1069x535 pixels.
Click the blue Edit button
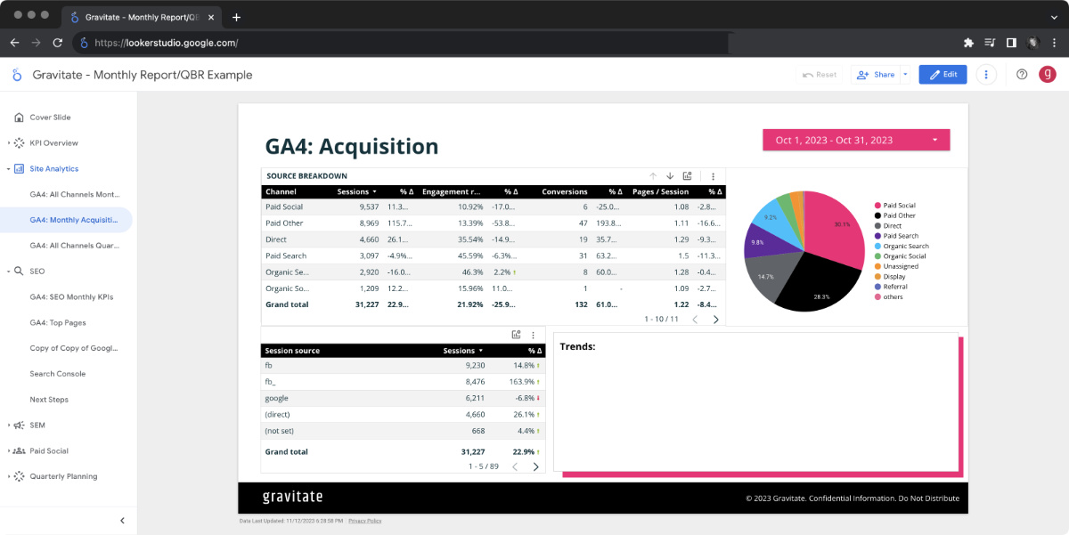click(x=943, y=75)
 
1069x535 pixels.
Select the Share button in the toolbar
click(x=876, y=75)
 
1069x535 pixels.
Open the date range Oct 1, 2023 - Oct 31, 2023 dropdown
click(x=855, y=140)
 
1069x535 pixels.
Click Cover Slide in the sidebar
click(x=50, y=118)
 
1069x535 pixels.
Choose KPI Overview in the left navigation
click(x=53, y=142)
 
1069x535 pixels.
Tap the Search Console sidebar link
click(x=58, y=374)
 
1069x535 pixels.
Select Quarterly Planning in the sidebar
click(x=63, y=476)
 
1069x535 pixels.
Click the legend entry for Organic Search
click(x=905, y=246)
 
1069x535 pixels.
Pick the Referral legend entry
click(x=894, y=287)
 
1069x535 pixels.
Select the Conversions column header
click(x=565, y=191)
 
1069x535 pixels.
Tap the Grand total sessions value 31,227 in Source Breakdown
click(x=366, y=304)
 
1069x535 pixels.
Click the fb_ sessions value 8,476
click(x=474, y=381)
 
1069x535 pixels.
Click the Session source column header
click(x=292, y=351)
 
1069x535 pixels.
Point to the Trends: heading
click(x=577, y=347)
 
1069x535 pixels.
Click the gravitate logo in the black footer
click(x=292, y=497)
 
